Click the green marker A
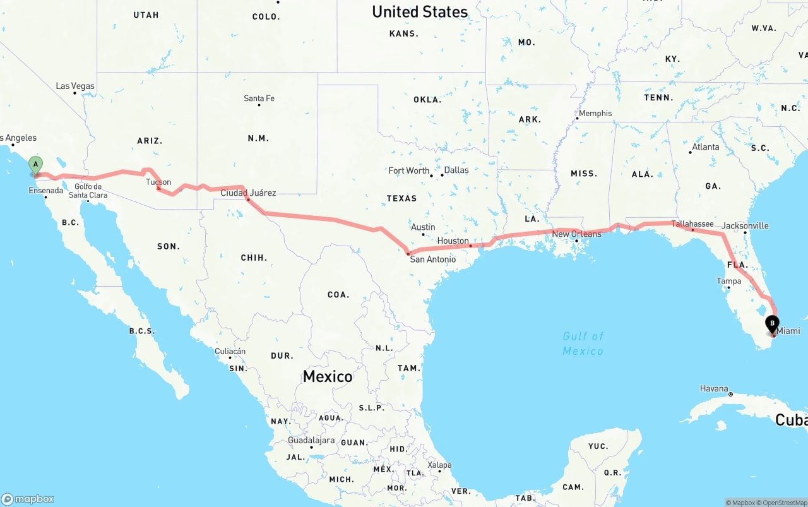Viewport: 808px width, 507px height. click(x=36, y=165)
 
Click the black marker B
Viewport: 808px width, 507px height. click(x=772, y=325)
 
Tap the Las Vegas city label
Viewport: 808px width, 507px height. click(x=75, y=86)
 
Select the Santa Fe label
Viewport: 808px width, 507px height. click(x=259, y=98)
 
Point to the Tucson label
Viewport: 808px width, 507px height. click(x=158, y=182)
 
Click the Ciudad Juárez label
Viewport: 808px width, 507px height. click(x=248, y=193)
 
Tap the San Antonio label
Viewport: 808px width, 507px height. click(x=432, y=259)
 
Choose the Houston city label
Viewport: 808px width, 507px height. click(x=453, y=241)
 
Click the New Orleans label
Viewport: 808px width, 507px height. click(x=577, y=234)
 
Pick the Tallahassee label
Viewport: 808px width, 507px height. click(x=692, y=224)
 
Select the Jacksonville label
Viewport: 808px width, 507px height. click(x=746, y=225)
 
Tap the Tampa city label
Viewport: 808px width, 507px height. click(x=728, y=281)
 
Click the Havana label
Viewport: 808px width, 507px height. click(x=714, y=388)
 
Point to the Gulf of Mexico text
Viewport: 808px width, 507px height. click(x=583, y=343)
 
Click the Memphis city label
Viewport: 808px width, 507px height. click(x=595, y=113)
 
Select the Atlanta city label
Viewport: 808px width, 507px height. click(x=705, y=146)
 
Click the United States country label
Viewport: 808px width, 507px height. click(x=420, y=11)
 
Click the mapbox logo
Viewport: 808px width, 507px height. click(x=28, y=499)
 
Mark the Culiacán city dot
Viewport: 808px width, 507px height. click(x=230, y=358)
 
